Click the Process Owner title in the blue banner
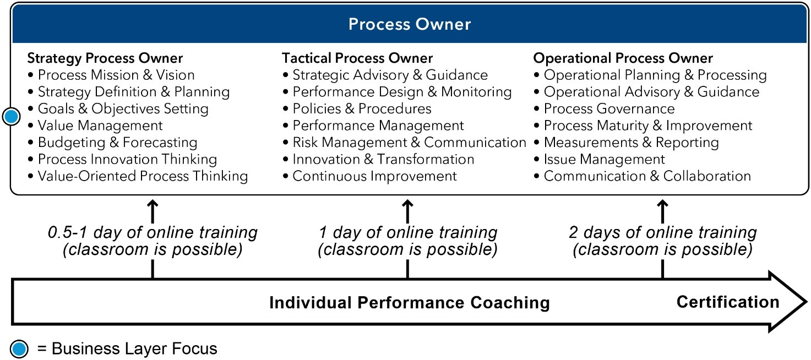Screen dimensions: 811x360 [410, 24]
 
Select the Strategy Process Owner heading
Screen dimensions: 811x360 [105, 58]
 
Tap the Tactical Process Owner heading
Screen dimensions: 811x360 [357, 58]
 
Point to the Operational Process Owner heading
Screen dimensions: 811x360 [623, 58]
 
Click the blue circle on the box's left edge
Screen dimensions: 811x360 [11, 117]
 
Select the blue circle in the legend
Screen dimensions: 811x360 [19, 349]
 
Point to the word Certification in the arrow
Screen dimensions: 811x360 [728, 302]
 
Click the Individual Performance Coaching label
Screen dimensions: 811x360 [410, 302]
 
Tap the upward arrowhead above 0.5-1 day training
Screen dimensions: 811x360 [153, 204]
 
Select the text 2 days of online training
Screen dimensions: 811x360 [662, 232]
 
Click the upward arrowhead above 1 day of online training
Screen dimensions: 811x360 [407, 204]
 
